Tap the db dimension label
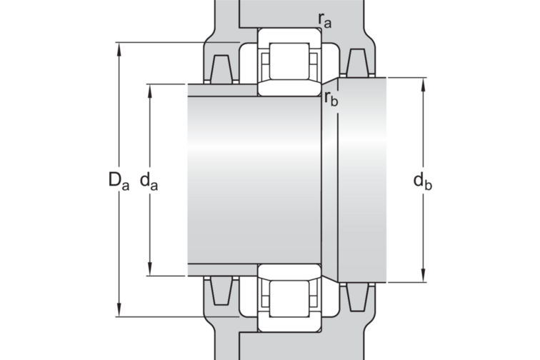click(423, 181)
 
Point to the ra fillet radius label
click(324, 20)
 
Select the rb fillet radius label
click(331, 99)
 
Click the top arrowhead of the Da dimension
click(119, 49)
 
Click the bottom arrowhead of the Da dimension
click(119, 310)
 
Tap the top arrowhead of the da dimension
click(150, 91)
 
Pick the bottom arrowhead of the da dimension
click(150, 269)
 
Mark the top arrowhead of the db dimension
click(424, 84)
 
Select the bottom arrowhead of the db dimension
click(424, 276)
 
